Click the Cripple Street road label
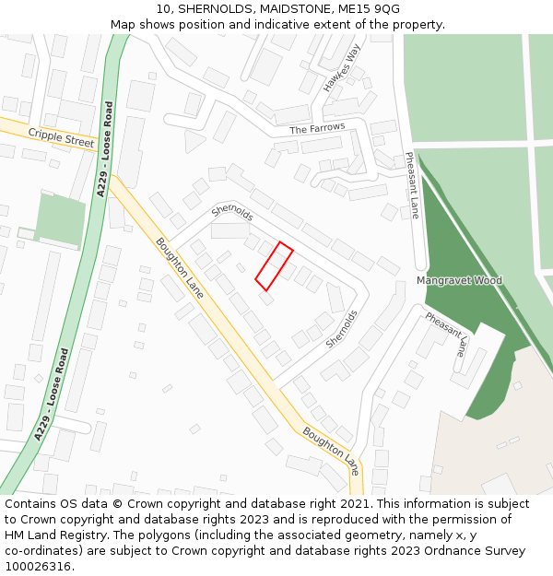click(x=61, y=138)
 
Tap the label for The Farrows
click(x=317, y=129)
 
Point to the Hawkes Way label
click(x=340, y=69)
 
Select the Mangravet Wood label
click(x=459, y=280)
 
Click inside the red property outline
click(x=274, y=266)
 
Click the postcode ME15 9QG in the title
click(x=370, y=9)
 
